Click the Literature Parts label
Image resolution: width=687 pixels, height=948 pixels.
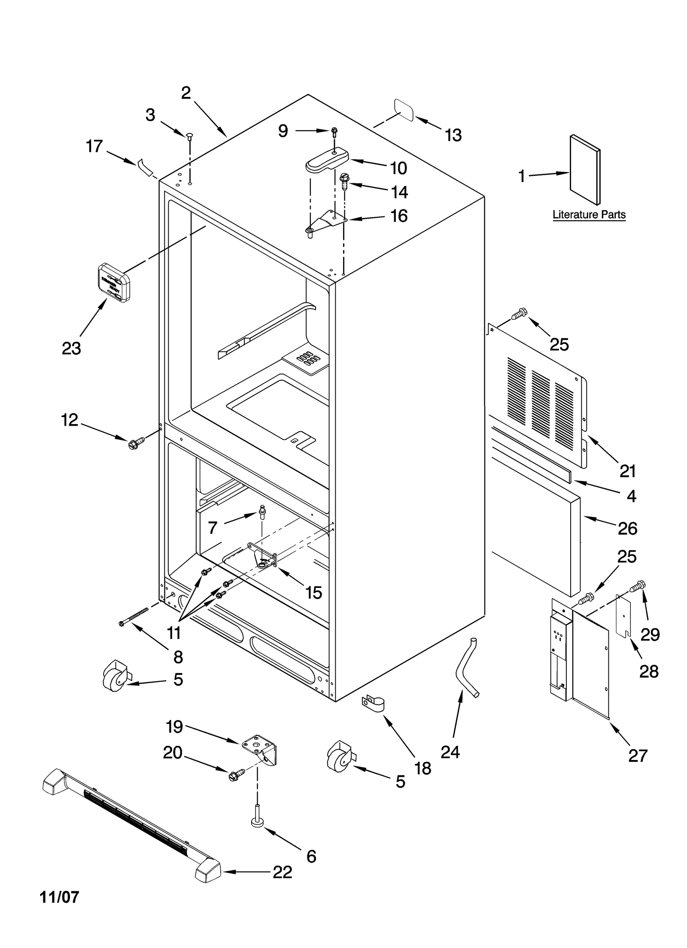point(589,215)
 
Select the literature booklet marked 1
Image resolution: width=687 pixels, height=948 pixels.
point(585,170)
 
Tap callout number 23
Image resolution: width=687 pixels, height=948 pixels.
point(71,348)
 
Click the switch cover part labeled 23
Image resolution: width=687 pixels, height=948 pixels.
point(114,283)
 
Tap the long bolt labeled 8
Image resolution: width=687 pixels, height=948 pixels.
point(134,616)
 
